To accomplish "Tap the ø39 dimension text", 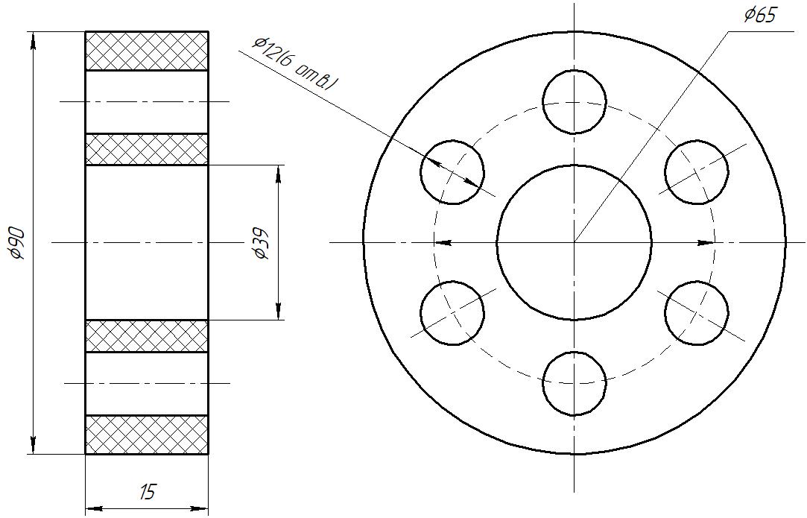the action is [x=261, y=244].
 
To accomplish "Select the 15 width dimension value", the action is [x=147, y=493].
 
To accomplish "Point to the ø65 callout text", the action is [x=759, y=15].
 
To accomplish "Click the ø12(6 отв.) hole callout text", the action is [x=295, y=64].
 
